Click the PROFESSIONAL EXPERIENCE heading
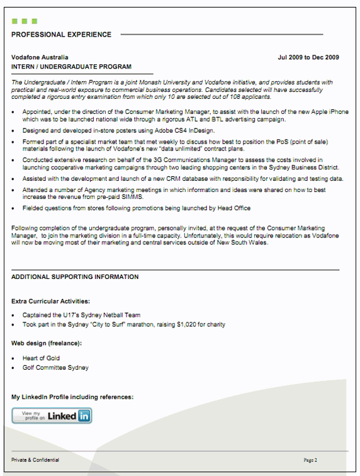(x=61, y=35)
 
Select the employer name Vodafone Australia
(x=40, y=57)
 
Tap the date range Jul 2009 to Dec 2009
(x=308, y=57)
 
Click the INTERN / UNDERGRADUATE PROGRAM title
(x=71, y=67)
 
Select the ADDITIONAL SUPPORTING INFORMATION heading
(x=75, y=277)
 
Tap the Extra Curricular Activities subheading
(x=50, y=301)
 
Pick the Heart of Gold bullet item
(x=41, y=358)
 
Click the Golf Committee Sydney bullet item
(x=55, y=368)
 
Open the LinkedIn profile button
(x=52, y=416)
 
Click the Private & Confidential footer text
(x=35, y=460)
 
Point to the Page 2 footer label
(x=310, y=460)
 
